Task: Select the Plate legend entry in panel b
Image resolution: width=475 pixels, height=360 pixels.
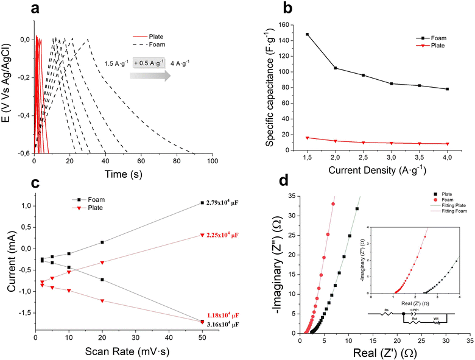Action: click(421, 46)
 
